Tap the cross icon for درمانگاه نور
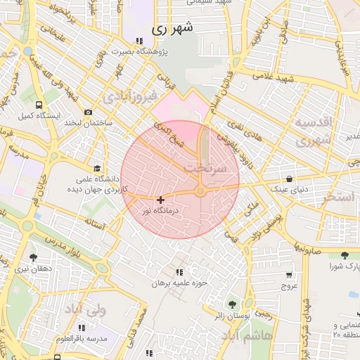tap(161, 200)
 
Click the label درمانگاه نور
tap(161, 210)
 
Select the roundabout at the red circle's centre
tap(200, 191)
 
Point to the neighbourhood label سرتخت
tap(205, 169)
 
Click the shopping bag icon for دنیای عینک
tap(290, 179)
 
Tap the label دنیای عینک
tap(290, 189)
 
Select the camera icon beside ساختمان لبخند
tap(88, 112)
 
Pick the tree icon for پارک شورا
tap(344, 256)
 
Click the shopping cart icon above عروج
tap(289, 275)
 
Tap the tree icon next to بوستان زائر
tap(232, 304)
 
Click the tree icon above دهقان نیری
tap(32, 258)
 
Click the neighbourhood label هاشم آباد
tap(242, 337)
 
